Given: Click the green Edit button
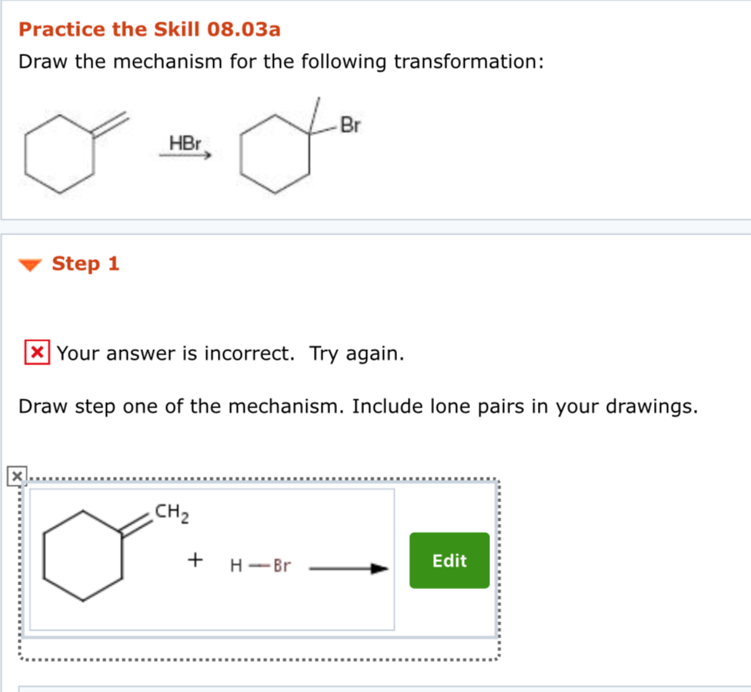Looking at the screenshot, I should pos(449,561).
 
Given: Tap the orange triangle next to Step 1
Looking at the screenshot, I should pos(30,265).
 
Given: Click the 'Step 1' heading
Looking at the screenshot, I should pos(85,264).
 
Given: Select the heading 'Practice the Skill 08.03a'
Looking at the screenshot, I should pos(149,30).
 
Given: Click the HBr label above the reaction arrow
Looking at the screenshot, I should pos(185,143).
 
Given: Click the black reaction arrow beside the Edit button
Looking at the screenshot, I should pos(348,569).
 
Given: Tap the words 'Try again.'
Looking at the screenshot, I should pos(356,354).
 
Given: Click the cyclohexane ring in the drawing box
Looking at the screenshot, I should pos(83,556).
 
